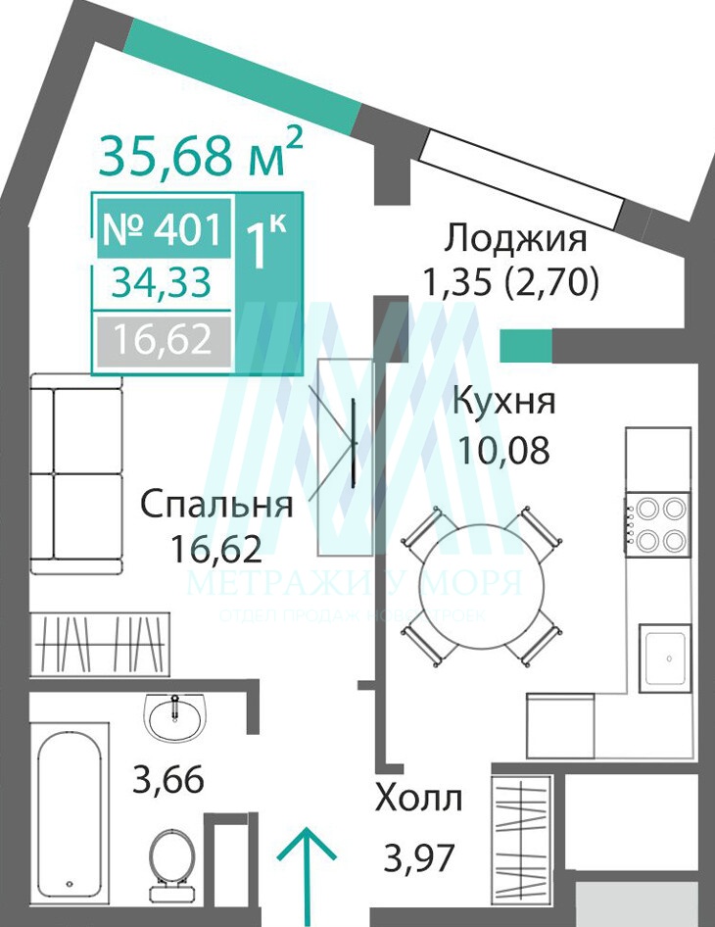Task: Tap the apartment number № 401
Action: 161,229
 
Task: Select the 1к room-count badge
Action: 264,243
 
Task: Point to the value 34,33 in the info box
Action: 162,283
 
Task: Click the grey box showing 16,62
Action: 163,340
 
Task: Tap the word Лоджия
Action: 515,238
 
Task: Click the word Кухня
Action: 503,402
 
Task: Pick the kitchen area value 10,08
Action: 503,450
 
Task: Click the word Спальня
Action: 216,505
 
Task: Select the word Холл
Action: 417,799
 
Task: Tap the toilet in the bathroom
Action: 174,862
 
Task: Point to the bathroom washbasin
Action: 175,716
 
